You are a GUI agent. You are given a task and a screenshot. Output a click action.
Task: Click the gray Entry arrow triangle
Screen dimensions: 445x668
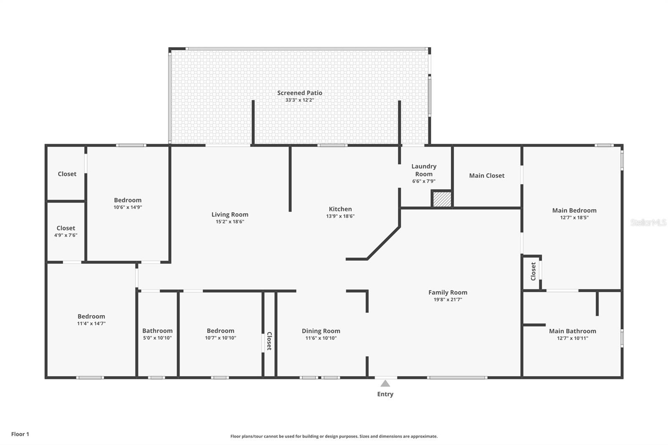point(385,384)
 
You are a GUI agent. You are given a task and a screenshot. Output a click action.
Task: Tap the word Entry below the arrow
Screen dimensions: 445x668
point(385,394)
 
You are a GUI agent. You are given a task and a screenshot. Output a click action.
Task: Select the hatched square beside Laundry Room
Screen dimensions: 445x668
point(442,199)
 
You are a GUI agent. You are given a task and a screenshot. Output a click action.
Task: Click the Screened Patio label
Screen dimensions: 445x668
point(299,93)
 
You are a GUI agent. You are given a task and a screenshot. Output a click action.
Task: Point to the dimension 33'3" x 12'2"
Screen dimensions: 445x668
point(299,100)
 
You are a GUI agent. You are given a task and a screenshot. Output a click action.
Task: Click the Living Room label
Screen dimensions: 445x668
point(230,215)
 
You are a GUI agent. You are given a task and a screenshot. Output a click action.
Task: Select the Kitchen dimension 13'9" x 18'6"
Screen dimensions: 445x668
point(340,216)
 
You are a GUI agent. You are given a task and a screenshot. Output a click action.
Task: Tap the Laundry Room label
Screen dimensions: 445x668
point(423,170)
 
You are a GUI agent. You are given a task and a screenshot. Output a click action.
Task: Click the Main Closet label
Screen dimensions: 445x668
point(486,176)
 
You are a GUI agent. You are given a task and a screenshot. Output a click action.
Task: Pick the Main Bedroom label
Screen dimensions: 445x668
point(574,210)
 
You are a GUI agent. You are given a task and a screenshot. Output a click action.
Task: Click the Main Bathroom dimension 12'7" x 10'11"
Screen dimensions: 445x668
point(572,338)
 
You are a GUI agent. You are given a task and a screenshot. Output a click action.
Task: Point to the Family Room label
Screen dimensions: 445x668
point(448,292)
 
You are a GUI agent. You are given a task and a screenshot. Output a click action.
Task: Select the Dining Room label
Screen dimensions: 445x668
point(321,331)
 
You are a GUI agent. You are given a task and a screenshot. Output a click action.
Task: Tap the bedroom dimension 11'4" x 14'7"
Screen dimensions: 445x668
point(91,324)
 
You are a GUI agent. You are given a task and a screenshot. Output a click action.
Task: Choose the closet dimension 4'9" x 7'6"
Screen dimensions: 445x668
point(66,235)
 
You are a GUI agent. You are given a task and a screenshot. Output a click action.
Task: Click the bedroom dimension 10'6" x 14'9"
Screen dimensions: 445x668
point(128,207)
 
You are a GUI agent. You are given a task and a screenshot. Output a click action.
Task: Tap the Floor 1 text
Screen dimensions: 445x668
point(20,434)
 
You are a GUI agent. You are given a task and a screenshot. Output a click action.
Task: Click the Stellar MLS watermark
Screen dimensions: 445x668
point(648,222)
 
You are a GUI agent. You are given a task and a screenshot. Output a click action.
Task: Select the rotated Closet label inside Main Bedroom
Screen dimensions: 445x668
point(533,271)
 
